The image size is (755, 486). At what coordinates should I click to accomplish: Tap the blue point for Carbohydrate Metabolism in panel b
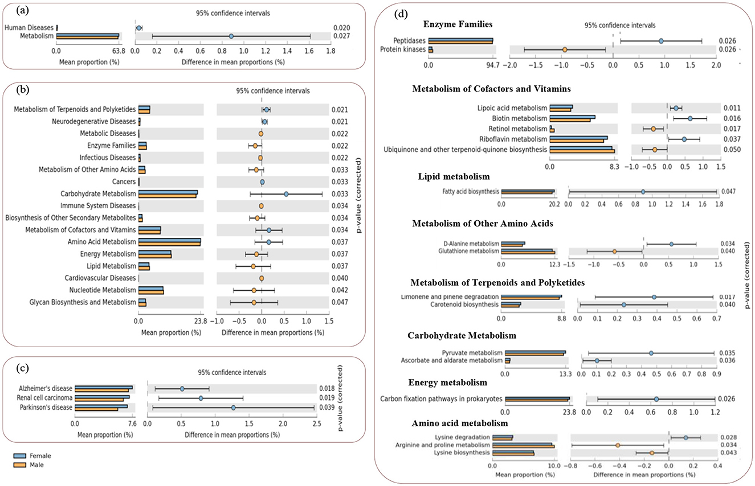286,194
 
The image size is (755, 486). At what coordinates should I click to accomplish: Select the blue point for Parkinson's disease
233,407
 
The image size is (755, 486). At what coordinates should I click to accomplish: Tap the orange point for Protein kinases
565,50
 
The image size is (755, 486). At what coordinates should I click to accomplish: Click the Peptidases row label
409,41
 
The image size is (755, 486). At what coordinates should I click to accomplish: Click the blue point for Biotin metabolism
690,118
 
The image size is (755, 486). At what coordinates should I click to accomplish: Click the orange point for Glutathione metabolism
614,251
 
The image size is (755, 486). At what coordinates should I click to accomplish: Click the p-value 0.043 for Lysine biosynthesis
728,452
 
